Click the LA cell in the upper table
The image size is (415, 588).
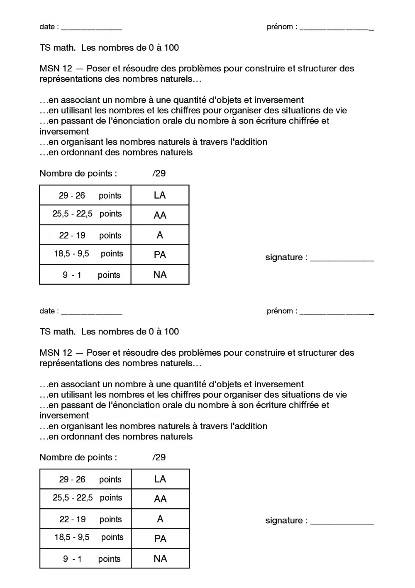(x=160, y=195)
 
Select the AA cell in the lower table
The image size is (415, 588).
(x=160, y=499)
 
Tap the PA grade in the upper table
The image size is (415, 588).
(x=160, y=255)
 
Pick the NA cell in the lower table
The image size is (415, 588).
(x=160, y=558)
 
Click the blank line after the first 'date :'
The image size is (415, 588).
(x=91, y=28)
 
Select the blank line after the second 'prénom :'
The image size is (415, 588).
(x=337, y=312)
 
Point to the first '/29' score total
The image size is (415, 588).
(x=159, y=173)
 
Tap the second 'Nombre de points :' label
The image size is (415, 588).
(x=78, y=458)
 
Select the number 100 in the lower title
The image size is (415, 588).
(x=171, y=332)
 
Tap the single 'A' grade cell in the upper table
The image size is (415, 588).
(x=160, y=235)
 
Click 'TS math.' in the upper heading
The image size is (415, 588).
(x=58, y=48)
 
